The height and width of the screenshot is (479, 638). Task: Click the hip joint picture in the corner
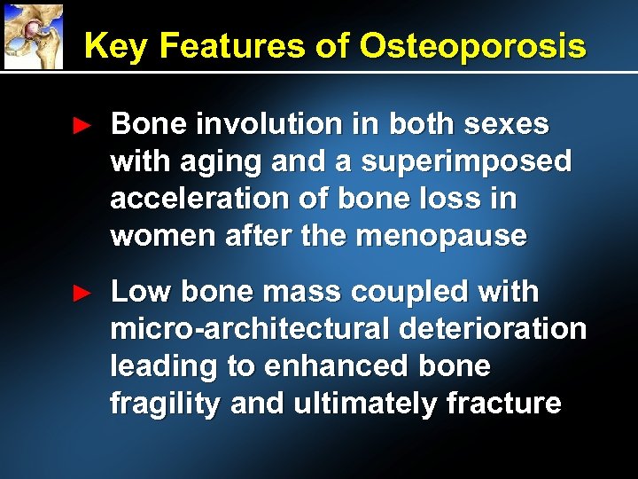[34, 35]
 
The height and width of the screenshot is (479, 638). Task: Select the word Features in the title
[230, 45]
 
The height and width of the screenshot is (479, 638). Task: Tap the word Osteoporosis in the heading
[471, 45]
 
